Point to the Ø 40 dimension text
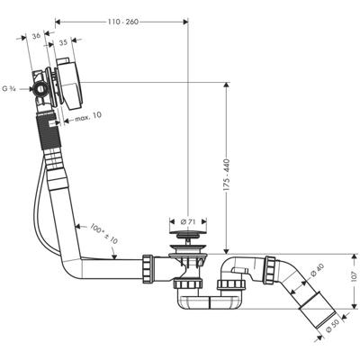(x=316, y=267)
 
